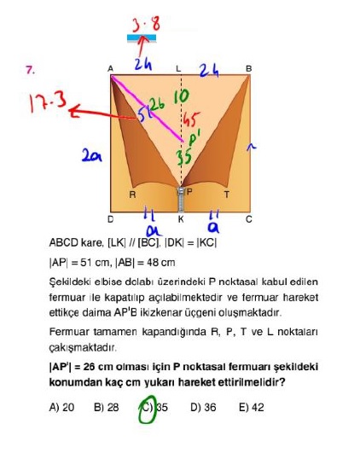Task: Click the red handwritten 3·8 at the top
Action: (x=146, y=24)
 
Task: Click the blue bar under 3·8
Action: (x=142, y=38)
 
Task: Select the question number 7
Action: (x=30, y=70)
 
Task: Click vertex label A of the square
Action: (x=110, y=69)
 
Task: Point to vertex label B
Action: (x=248, y=69)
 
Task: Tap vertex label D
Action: (x=110, y=219)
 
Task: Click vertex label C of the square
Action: (x=249, y=219)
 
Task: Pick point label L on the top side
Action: (x=178, y=69)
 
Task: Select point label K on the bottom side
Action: (x=181, y=219)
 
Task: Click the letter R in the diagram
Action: (x=132, y=195)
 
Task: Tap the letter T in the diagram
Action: (x=227, y=195)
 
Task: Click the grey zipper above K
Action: (x=181, y=200)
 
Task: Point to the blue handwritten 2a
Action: (x=91, y=155)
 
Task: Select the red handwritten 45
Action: (x=190, y=119)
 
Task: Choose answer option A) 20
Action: (x=61, y=407)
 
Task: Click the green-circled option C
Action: (x=148, y=408)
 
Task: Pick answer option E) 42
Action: (x=252, y=407)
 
